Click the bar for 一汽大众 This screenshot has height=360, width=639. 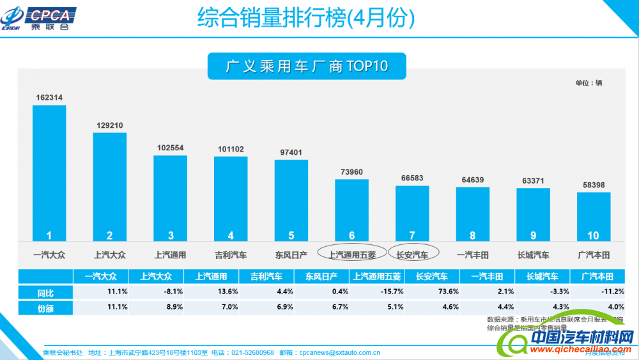[49, 173]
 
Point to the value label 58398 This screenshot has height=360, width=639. [594, 185]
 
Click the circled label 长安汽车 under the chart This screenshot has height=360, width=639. [413, 254]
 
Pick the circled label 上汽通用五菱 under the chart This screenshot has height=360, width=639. [352, 254]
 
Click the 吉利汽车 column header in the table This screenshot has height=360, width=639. [266, 276]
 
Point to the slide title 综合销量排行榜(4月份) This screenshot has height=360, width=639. [306, 18]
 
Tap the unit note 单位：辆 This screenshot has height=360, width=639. [589, 83]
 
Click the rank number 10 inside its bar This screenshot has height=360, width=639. [594, 235]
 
